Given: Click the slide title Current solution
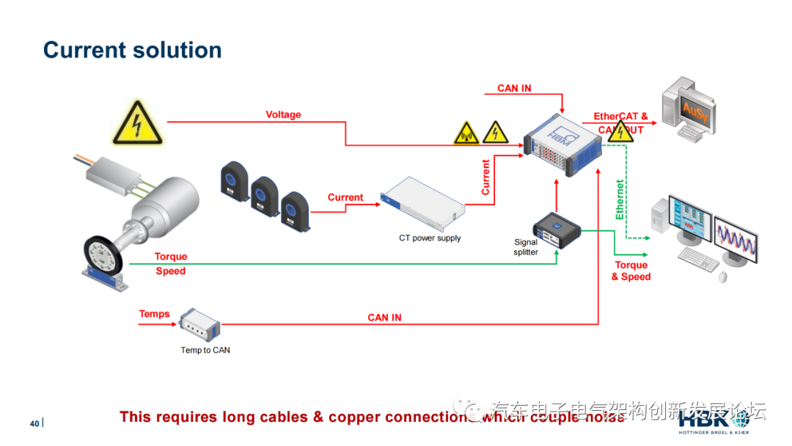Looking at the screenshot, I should tap(132, 50).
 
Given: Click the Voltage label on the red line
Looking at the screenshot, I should tap(283, 114).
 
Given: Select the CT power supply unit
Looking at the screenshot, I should tap(423, 199).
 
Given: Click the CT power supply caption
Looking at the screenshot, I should tap(430, 238).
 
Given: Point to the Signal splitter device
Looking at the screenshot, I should tap(557, 227).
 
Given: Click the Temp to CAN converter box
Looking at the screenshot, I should tap(200, 323).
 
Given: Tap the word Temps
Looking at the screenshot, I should tap(154, 314).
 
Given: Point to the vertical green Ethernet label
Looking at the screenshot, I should tap(620, 200).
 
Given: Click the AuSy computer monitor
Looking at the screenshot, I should tap(694, 109).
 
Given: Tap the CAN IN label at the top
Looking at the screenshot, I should tap(514, 88).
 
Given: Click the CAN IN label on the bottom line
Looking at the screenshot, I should tap(384, 318).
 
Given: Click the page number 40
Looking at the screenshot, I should tap(34, 424).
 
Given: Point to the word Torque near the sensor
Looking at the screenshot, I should tap(171, 257).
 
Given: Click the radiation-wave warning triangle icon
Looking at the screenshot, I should tap(466, 133).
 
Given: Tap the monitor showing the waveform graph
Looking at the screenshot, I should tap(736, 238).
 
